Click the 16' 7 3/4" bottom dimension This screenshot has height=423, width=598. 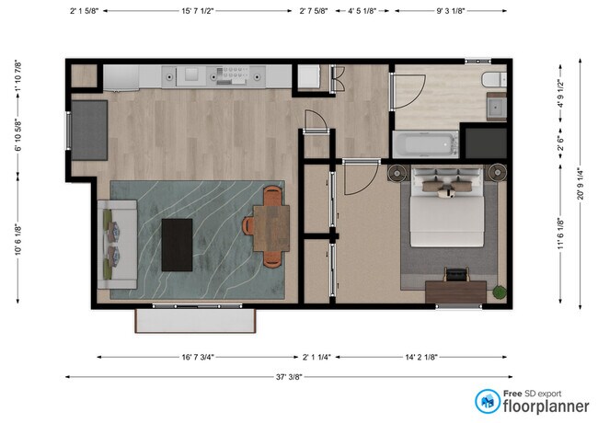tap(199, 356)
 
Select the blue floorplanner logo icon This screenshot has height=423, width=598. tap(487, 400)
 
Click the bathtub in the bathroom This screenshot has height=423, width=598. tap(425, 144)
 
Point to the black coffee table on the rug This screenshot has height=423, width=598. tap(178, 245)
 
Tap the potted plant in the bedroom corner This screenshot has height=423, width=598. tap(499, 292)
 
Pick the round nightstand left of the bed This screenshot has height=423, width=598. tap(398, 171)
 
